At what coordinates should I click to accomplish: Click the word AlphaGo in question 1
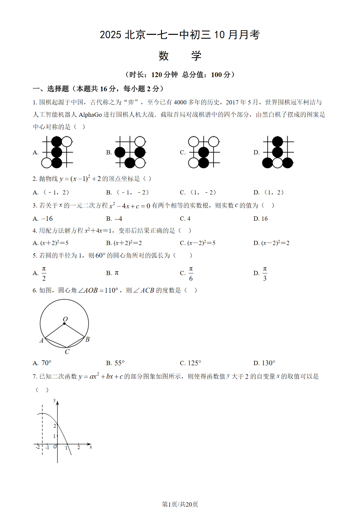(90, 115)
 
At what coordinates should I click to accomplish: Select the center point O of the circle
(64, 323)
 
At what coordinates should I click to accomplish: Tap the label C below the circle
(67, 352)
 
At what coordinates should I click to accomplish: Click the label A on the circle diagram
(42, 341)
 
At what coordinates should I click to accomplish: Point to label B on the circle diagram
(87, 339)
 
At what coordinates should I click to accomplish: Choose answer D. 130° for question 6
(264, 363)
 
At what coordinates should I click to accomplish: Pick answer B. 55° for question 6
(115, 363)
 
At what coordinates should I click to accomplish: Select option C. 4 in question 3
(185, 219)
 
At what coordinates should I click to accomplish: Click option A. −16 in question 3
(43, 219)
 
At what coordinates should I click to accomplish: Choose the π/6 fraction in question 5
(191, 274)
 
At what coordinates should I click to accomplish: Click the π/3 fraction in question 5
(265, 274)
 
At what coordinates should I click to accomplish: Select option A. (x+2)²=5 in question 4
(50, 243)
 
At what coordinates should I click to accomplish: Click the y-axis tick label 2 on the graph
(55, 426)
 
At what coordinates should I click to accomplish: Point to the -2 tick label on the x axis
(37, 447)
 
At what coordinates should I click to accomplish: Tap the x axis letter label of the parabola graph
(91, 447)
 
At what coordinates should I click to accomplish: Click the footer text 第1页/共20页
(180, 504)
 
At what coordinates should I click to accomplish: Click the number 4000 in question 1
(180, 102)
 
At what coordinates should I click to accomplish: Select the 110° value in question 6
(111, 290)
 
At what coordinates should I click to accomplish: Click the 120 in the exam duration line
(157, 75)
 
